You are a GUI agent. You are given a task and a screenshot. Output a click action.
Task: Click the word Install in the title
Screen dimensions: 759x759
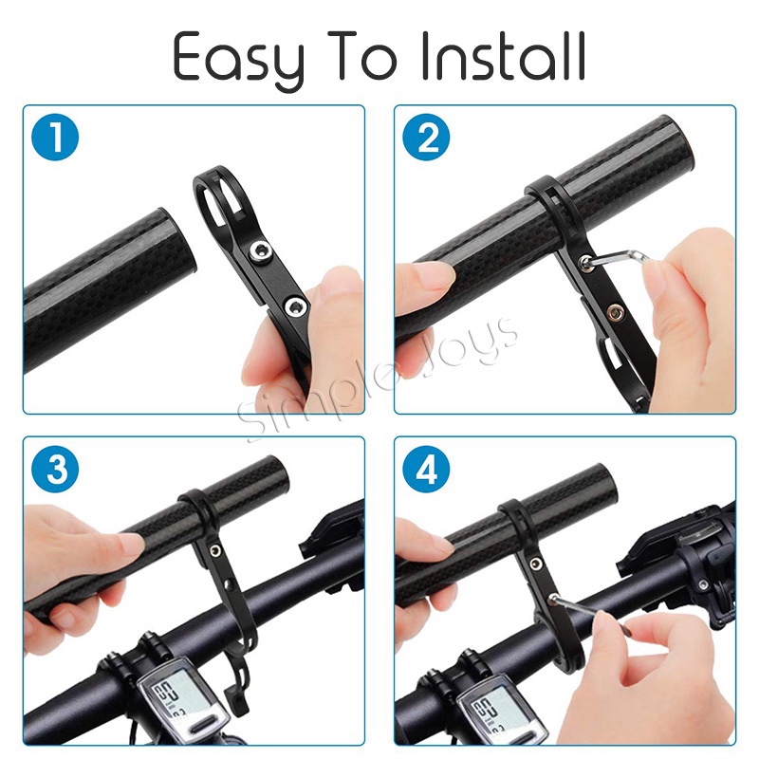pos(505,57)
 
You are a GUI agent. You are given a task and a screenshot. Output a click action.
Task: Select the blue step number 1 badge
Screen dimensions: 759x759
pos(55,137)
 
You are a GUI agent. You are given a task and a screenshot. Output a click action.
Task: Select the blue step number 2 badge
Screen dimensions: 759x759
pos(426,137)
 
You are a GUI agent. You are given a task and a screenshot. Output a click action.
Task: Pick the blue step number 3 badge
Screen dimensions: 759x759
pos(55,469)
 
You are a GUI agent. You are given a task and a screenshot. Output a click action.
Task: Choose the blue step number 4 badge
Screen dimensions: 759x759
pos(426,469)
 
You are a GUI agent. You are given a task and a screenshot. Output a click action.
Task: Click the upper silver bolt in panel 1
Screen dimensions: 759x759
pos(260,251)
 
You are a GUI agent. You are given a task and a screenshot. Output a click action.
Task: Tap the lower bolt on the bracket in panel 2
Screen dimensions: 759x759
pos(615,313)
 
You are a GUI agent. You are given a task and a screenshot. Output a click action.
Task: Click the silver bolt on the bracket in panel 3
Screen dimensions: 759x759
pos(214,550)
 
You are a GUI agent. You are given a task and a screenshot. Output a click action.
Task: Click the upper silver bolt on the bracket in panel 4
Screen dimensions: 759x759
pos(536,563)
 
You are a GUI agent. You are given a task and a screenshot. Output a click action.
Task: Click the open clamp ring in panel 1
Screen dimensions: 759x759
pos(217,203)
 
